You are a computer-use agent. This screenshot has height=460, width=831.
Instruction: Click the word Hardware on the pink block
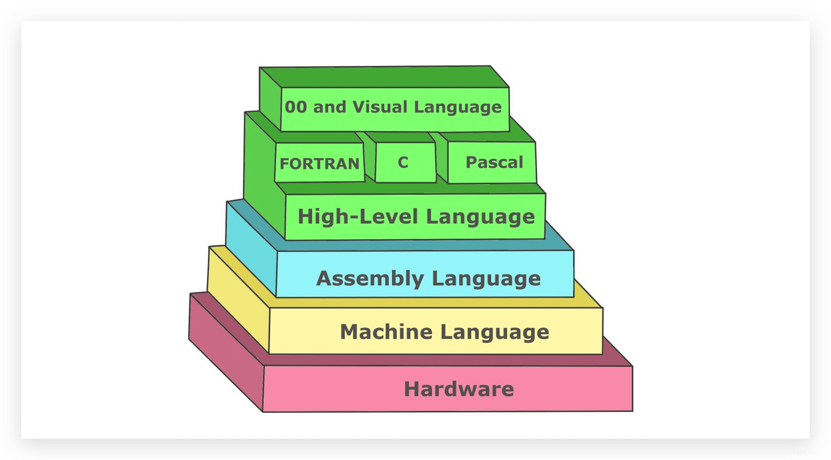pos(459,389)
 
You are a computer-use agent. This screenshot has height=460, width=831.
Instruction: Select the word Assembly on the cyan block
pos(370,278)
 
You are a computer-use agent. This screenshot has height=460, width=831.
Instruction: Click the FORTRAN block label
pos(320,163)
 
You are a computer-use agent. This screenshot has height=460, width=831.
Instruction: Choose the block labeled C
pos(403,162)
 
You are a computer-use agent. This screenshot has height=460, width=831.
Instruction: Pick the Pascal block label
pos(494,162)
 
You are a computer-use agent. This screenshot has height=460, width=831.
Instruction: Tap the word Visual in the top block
pos(379,107)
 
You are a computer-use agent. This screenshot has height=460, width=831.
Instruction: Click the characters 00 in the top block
pos(296,107)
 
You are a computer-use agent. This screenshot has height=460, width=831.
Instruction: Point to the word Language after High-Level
pos(480,217)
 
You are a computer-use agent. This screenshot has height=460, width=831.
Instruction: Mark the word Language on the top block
pos(458,107)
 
